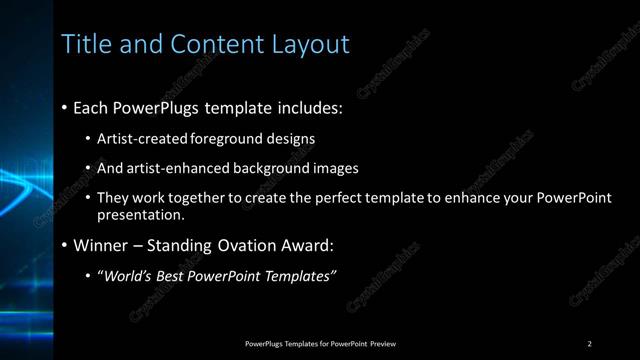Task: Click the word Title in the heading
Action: click(84, 44)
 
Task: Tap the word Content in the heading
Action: click(211, 44)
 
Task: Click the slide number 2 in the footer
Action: click(590, 344)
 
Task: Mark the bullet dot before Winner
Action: click(65, 245)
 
